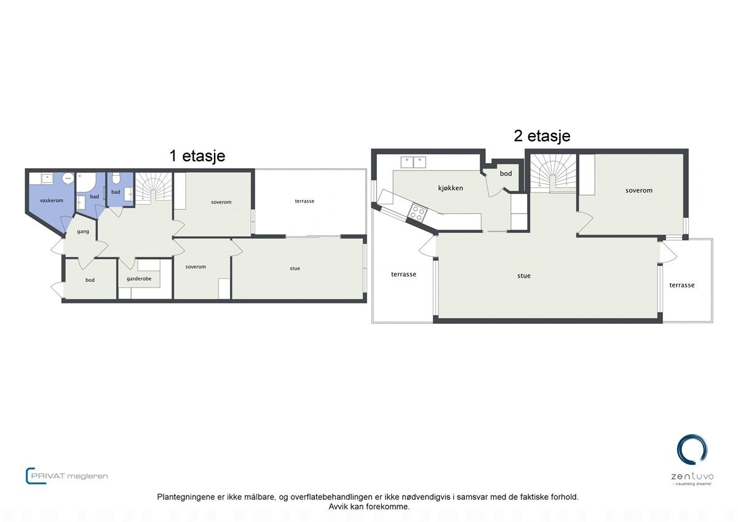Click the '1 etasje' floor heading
click(197, 156)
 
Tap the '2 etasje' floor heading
click(542, 135)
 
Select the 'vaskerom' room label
click(52, 201)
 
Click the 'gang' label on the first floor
click(84, 231)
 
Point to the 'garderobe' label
click(139, 279)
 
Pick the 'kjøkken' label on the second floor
click(450, 188)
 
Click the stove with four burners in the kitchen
click(418, 212)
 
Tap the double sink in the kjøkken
click(414, 163)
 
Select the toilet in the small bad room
click(116, 179)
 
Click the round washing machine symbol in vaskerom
click(68, 179)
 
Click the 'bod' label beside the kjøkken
click(506, 174)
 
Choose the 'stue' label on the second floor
click(523, 276)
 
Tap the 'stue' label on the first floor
click(295, 268)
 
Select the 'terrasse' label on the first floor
click(304, 201)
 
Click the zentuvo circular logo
click(692, 450)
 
